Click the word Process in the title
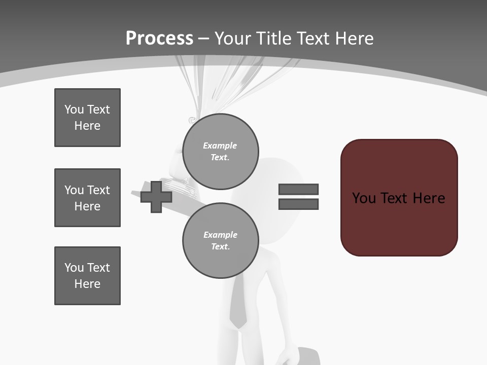159,39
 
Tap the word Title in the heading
274,39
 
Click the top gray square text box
87,118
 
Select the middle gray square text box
87,198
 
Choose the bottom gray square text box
87,276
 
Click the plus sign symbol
156,197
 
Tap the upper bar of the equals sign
298,189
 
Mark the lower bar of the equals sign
298,204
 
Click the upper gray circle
220,151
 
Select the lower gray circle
220,240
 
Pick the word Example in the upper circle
220,145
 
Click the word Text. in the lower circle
220,247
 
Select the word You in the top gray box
74,109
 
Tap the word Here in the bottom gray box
87,284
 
